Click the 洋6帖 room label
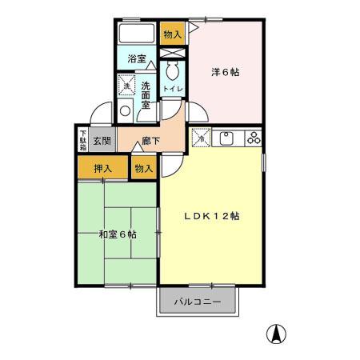225,72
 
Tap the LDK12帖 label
213,216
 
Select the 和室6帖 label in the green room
117,234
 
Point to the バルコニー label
198,302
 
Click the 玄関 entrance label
101,142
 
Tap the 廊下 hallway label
150,142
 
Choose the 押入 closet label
102,169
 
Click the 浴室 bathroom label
137,59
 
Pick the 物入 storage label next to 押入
143,169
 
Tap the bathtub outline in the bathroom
137,34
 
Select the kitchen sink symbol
226,138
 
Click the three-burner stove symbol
254,138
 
